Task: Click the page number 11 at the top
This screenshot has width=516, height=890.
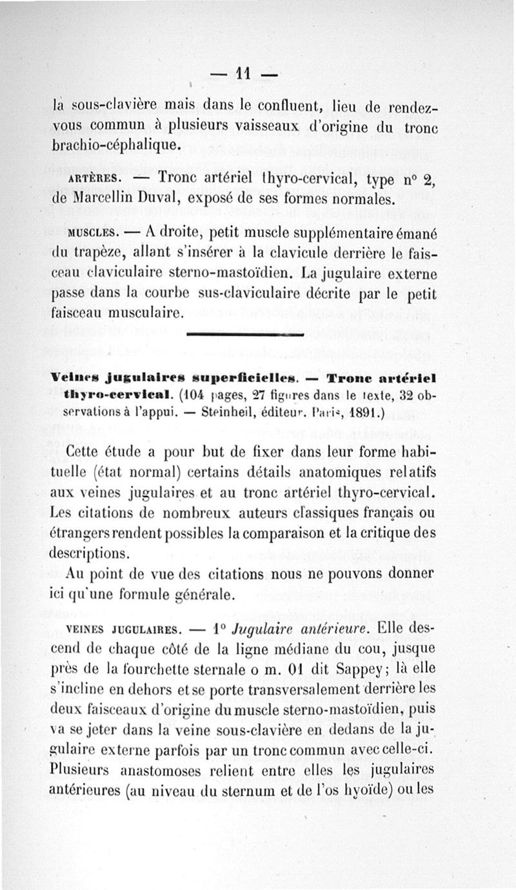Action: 242,75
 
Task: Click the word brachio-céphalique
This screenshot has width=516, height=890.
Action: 113,146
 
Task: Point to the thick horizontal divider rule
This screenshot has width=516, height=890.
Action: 244,334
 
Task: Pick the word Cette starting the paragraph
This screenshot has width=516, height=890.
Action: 86,453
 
